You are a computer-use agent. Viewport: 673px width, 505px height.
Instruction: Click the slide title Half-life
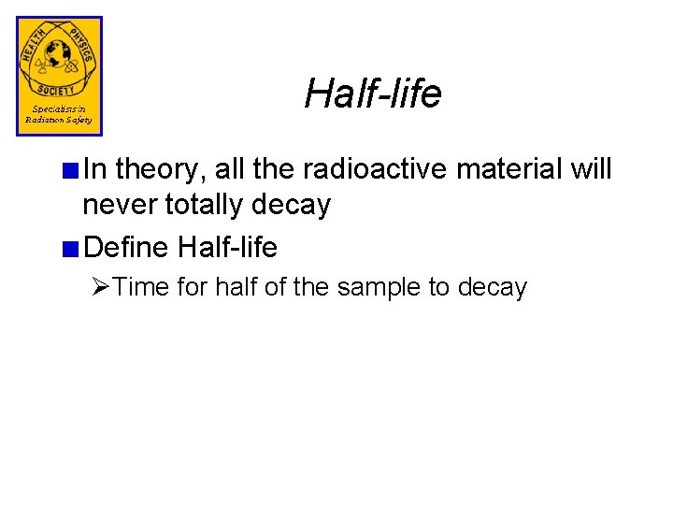click(x=372, y=93)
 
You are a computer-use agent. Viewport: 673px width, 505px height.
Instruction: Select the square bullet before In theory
click(x=72, y=170)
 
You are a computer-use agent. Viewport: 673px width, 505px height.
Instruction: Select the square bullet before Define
click(x=72, y=248)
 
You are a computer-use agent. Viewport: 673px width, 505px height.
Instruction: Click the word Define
click(x=126, y=248)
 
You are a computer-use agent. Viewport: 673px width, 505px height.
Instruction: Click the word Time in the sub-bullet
click(x=139, y=287)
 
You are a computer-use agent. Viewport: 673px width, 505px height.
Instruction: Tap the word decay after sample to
click(x=492, y=287)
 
